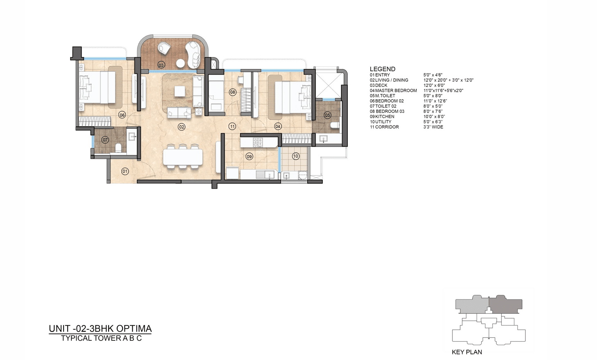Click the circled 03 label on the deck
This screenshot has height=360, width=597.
click(161, 65)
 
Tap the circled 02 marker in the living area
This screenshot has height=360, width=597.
click(182, 127)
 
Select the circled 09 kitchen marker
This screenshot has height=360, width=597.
click(249, 157)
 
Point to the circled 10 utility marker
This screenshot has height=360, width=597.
click(295, 156)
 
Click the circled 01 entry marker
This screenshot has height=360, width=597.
click(125, 171)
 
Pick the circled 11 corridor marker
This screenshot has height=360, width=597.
click(232, 126)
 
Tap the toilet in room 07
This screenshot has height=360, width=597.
click(118, 148)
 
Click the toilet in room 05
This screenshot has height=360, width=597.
click(335, 125)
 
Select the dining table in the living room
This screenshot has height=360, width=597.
click(183, 157)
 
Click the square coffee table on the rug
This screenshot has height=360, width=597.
click(179, 91)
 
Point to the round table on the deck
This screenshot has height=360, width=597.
click(180, 64)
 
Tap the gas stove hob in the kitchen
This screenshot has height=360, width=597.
click(258, 142)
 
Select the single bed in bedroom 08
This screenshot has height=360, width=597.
click(216, 96)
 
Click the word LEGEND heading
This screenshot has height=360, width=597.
click(382, 69)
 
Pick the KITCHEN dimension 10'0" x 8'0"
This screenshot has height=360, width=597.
click(434, 116)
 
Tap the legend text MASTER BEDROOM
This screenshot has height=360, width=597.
click(396, 91)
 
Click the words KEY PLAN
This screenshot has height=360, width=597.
click(467, 352)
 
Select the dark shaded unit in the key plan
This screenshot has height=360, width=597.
click(505, 305)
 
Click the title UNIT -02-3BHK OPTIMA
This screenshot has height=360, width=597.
click(100, 328)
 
